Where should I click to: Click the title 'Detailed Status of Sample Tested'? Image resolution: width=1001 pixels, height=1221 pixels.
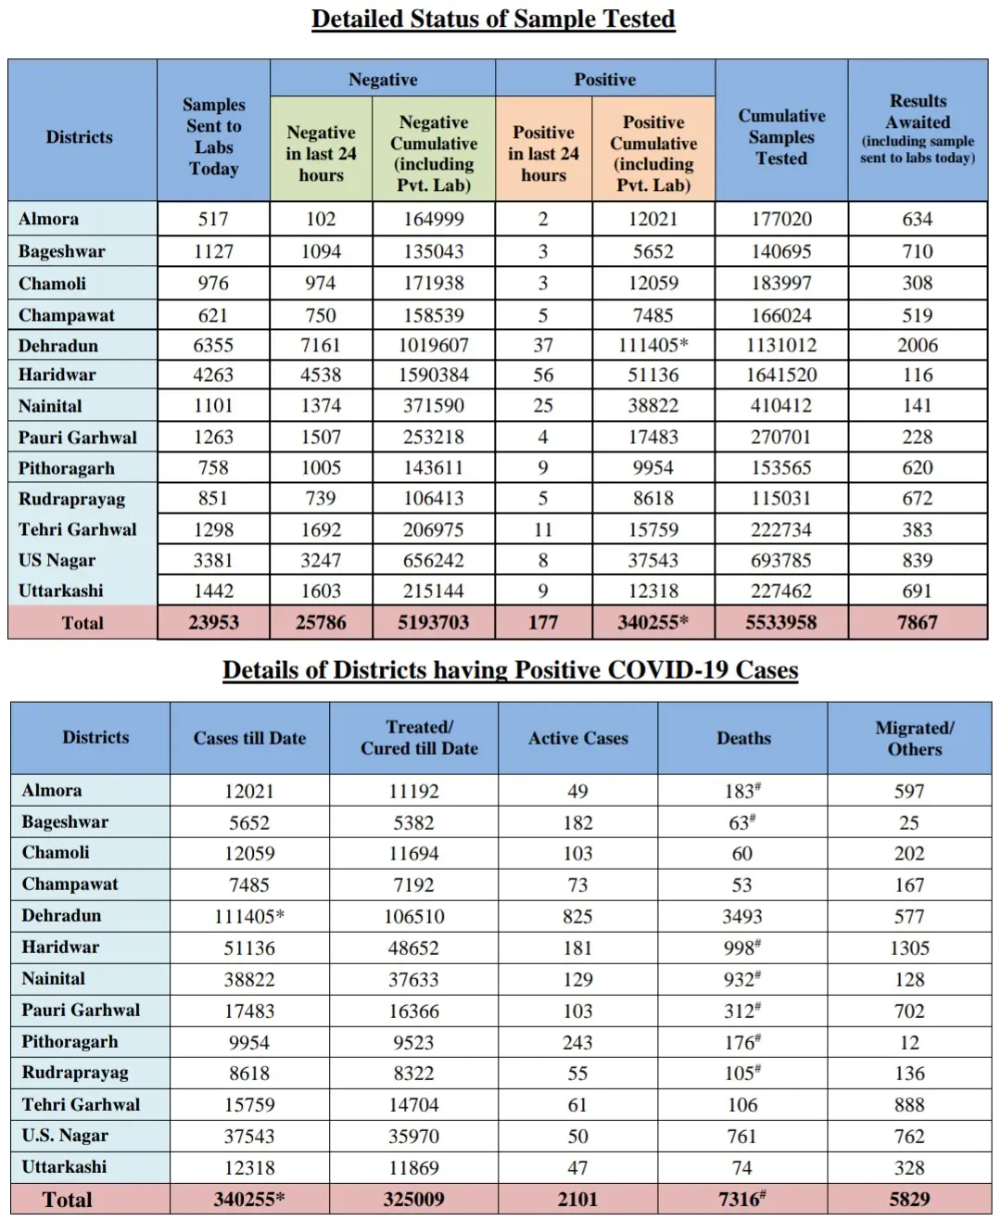coord(493,19)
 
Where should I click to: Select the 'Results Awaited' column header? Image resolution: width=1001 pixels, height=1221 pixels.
coord(918,129)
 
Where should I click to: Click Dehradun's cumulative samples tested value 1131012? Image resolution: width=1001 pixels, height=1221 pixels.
coord(781,346)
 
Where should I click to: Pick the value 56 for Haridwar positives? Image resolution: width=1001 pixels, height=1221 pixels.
coord(543,375)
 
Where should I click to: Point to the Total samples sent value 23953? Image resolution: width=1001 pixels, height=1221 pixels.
coord(213,623)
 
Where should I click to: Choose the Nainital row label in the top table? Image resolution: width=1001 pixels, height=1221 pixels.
coord(50,406)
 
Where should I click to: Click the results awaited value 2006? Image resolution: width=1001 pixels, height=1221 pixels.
coord(918,346)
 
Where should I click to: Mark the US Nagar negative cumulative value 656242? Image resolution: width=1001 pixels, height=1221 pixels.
coord(434,561)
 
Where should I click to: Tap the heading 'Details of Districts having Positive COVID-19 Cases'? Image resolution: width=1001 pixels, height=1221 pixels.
coord(510,670)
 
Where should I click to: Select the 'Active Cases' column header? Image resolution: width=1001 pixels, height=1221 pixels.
coord(578,739)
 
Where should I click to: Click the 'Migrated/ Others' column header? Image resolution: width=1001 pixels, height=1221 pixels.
coord(914,739)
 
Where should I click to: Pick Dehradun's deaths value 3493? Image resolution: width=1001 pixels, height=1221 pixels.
coord(742,917)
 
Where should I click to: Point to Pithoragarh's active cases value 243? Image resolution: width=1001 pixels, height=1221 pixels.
coord(577,1043)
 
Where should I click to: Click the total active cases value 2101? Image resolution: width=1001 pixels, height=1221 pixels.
coord(577,1200)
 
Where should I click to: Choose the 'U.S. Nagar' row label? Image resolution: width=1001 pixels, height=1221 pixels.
coord(65,1136)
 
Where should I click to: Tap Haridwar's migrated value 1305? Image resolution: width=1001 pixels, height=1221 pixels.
coord(909,948)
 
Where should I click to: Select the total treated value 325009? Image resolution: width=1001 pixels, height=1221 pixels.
coord(413,1200)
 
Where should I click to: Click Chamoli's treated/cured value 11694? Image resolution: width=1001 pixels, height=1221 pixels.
coord(413,854)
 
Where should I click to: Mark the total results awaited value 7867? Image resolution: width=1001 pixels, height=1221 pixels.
coord(918,623)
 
